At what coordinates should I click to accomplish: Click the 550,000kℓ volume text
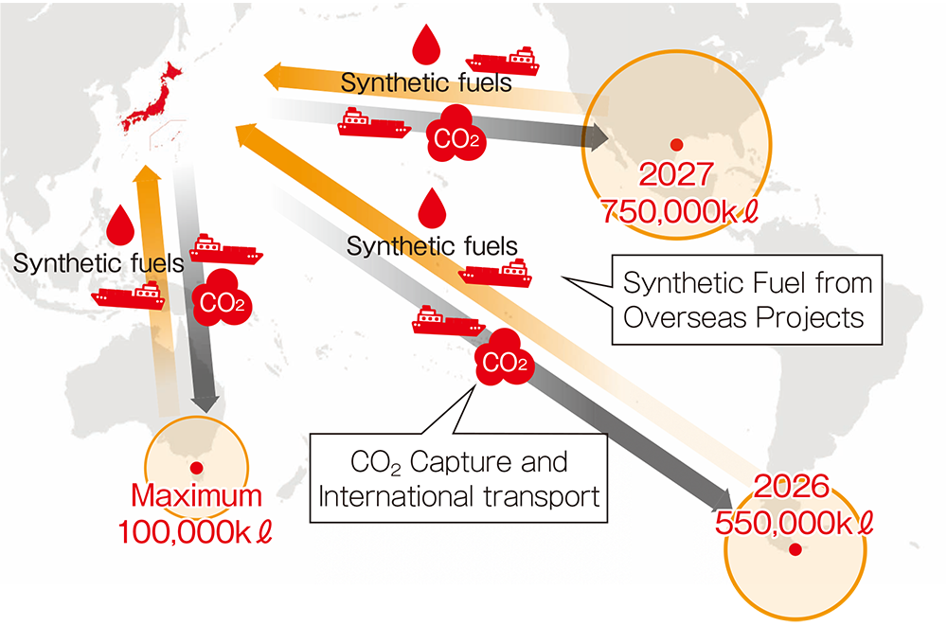tap(794, 522)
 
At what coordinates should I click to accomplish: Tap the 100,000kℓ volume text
tap(196, 531)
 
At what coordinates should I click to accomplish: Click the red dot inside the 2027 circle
tap(676, 144)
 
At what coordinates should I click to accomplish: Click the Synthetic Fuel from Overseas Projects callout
tap(747, 299)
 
